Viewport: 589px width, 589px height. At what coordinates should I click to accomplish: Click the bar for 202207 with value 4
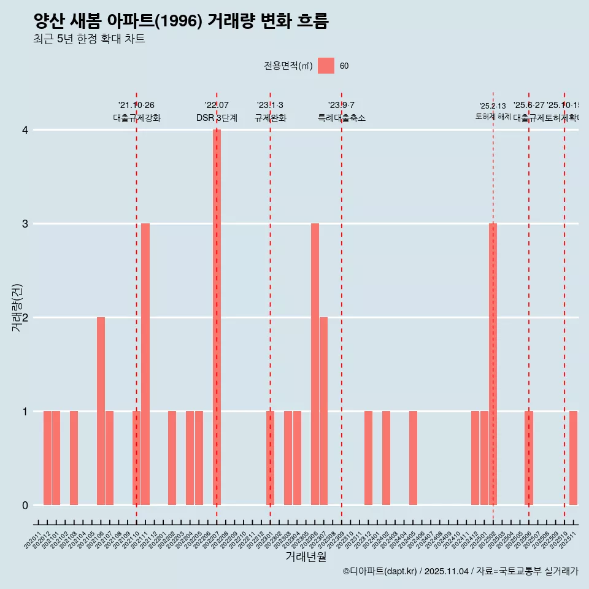(x=217, y=317)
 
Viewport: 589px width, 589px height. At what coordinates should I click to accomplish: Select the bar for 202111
(x=145, y=364)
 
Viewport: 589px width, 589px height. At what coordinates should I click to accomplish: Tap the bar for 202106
(x=101, y=411)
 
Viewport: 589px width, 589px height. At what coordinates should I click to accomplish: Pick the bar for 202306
(x=315, y=364)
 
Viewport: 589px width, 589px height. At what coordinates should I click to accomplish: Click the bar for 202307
(x=323, y=411)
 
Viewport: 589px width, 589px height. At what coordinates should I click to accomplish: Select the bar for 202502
(x=493, y=364)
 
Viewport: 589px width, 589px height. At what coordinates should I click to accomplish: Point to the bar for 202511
(x=573, y=458)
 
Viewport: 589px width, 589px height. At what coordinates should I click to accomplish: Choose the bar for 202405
(x=413, y=458)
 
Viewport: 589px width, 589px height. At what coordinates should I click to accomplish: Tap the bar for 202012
(x=47, y=458)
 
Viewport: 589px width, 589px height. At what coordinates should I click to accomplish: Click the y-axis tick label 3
(x=25, y=224)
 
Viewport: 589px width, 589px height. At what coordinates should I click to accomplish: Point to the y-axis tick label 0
(x=25, y=506)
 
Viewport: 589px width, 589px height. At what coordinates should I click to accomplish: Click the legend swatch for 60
(x=326, y=66)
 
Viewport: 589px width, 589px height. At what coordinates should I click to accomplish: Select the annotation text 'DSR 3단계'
(x=217, y=118)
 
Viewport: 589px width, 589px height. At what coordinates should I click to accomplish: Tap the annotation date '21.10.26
(x=136, y=106)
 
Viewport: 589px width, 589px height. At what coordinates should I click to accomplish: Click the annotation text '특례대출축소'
(x=342, y=118)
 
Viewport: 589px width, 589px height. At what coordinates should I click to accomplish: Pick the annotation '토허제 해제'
(x=493, y=117)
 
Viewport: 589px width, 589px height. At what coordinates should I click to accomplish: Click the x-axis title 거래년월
(x=306, y=557)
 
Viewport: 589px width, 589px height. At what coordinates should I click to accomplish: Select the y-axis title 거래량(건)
(x=17, y=308)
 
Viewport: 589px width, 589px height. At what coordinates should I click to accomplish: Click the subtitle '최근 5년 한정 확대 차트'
(x=90, y=39)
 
